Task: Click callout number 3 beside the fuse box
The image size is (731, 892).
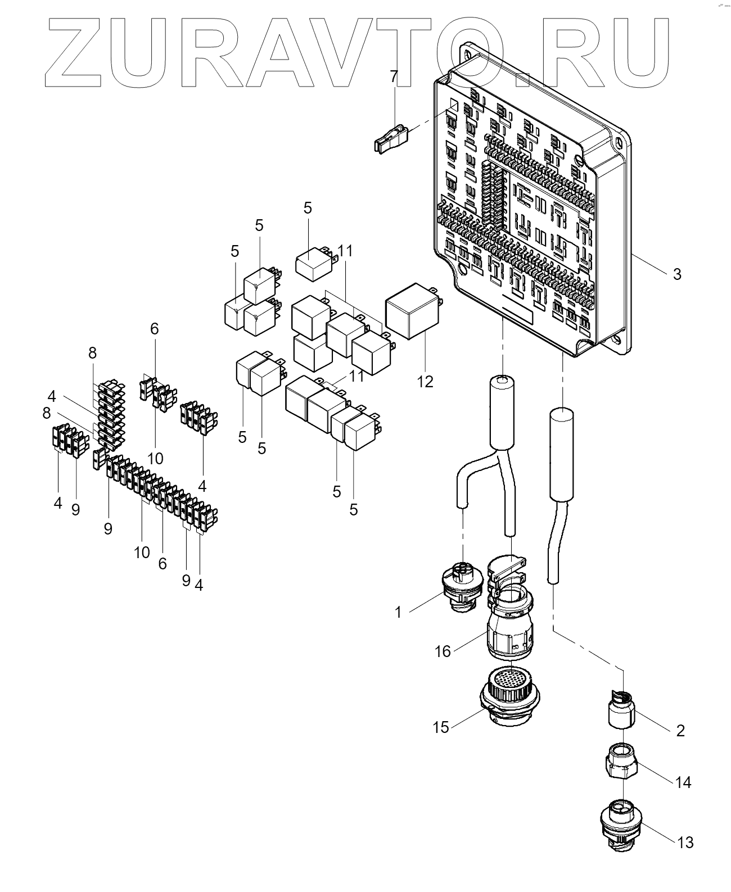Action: click(x=677, y=274)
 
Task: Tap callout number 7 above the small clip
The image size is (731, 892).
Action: click(x=394, y=76)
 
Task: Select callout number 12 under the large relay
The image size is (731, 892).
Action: click(x=425, y=381)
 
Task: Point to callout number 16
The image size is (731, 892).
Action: click(x=443, y=651)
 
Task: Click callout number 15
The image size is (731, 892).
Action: click(x=441, y=727)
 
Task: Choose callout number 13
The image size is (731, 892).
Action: click(x=686, y=842)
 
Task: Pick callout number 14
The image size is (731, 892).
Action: click(x=683, y=782)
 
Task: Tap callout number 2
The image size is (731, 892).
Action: click(x=680, y=731)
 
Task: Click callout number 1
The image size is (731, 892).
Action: click(x=399, y=612)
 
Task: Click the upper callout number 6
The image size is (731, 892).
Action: click(x=155, y=329)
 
